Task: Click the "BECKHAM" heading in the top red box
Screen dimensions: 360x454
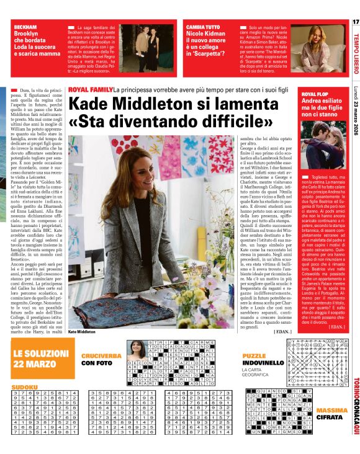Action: pos(25,28)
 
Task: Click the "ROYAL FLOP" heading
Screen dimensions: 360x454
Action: pos(315,94)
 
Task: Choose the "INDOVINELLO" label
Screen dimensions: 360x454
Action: pos(258,362)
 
